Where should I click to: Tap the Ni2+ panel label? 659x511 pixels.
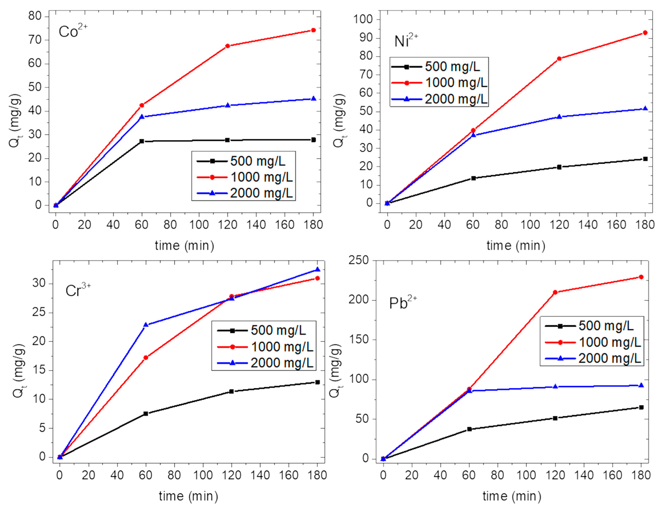coord(406,40)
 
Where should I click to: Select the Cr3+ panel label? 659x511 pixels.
coord(77,290)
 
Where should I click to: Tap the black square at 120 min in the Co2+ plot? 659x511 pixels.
coord(227,140)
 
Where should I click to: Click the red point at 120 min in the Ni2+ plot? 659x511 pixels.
coord(559,59)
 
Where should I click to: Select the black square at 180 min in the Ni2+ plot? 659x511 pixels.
coord(645,159)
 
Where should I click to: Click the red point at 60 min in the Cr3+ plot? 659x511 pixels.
coord(146,358)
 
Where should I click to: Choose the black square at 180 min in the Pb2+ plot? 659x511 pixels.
coord(641,407)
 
